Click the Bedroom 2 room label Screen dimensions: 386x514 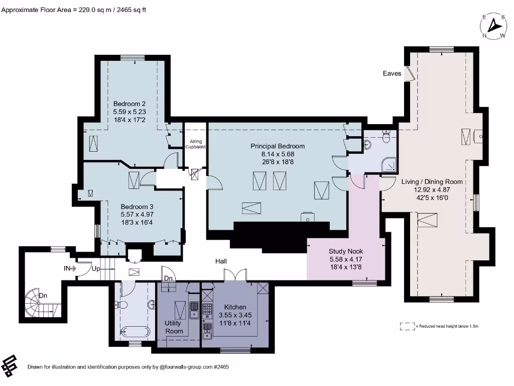[129, 104]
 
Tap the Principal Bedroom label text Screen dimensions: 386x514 [278, 146]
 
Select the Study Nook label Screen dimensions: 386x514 [345, 251]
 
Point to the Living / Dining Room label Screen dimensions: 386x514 [432, 182]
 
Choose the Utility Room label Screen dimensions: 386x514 [174, 327]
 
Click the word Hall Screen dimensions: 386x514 [221, 261]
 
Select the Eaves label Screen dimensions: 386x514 [392, 73]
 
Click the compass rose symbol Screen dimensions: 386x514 [495, 26]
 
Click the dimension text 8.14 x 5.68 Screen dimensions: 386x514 [278, 154]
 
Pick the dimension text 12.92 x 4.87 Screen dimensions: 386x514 [432, 190]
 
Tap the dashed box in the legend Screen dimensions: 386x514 [408, 326]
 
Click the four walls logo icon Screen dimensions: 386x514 [11, 365]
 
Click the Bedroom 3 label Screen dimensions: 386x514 [137, 207]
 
